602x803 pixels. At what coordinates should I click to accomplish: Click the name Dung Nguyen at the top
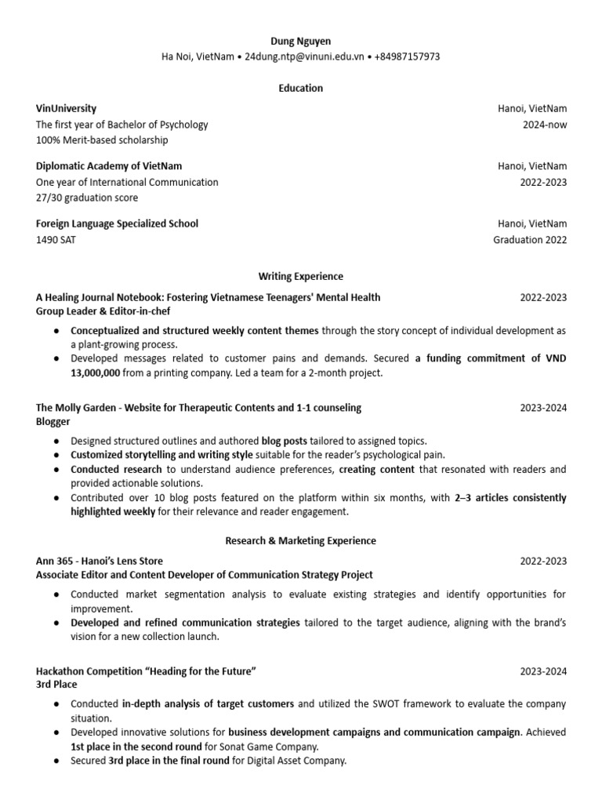(x=301, y=41)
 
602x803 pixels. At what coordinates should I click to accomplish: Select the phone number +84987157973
(x=407, y=56)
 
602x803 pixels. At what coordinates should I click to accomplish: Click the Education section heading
(x=301, y=88)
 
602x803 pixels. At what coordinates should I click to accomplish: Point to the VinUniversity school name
(x=67, y=108)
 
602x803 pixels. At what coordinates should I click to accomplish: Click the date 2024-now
(x=544, y=124)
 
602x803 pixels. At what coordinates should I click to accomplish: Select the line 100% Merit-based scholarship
(x=102, y=140)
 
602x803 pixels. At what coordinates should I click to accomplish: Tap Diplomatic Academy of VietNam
(x=109, y=165)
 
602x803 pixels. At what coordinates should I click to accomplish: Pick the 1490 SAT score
(x=56, y=240)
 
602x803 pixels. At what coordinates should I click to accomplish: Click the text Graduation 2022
(x=530, y=240)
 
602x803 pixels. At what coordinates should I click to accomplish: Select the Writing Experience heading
(x=301, y=276)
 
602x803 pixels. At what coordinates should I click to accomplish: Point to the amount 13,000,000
(x=95, y=373)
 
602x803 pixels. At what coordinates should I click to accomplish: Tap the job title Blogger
(x=53, y=421)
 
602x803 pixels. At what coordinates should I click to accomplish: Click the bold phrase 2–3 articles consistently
(x=510, y=498)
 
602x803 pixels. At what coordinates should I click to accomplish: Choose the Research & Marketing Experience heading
(x=301, y=540)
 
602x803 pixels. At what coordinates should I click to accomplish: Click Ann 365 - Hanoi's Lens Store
(x=100, y=561)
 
